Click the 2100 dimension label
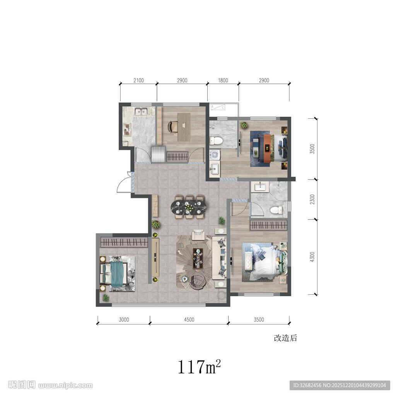pos(138,80)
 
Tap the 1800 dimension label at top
pos(223,80)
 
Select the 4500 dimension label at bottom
pos(189,320)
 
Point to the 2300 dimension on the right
pos(312,199)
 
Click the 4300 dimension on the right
pos(312,257)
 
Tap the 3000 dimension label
pos(124,320)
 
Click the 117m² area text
pos(199,367)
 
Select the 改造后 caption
pos(285,338)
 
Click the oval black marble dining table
pos(188,207)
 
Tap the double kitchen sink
pos(141,111)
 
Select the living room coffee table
pos(198,258)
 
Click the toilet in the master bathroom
pos(276,210)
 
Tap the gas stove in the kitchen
pos(127,129)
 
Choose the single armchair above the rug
pos(199,235)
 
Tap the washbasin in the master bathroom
pos(260,187)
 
